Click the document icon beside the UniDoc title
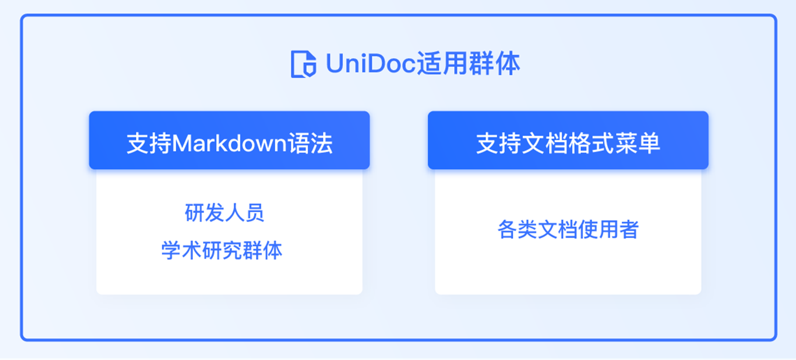303,64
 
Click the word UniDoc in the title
370,63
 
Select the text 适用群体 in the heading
468,63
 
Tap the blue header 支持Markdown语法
229,140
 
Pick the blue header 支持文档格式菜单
568,140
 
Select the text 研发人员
224,213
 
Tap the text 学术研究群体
222,250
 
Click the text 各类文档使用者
568,229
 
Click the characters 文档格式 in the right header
568,143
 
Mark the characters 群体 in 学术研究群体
262,250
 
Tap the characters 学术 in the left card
181,250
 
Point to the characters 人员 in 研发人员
244,213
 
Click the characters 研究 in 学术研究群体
222,250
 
